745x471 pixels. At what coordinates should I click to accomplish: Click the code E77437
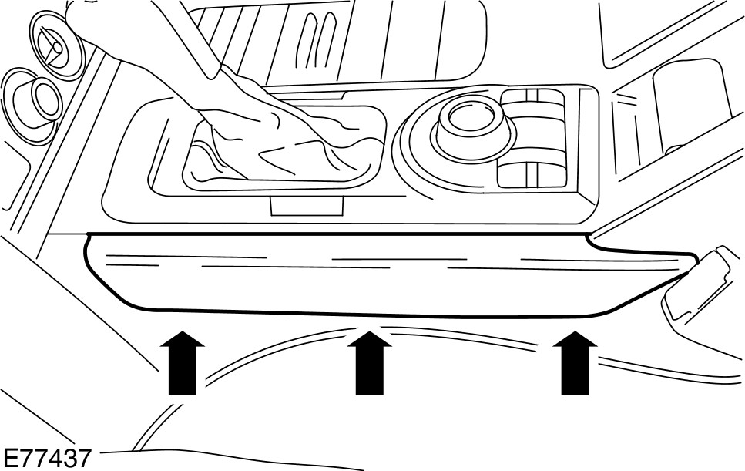click(x=46, y=458)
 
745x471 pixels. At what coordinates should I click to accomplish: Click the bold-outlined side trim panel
click(x=370, y=274)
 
